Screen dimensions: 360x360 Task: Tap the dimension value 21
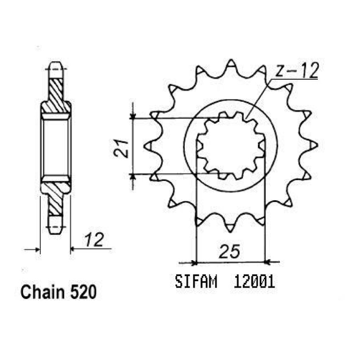tap(121, 148)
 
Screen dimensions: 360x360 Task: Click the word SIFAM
tap(196, 281)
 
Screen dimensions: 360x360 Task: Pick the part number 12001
tap(254, 281)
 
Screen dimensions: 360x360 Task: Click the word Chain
tap(43, 292)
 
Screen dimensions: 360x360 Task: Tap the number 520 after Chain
tap(84, 292)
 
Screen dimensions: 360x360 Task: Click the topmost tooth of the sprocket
tap(231, 63)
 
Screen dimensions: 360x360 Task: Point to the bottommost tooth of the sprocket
tap(230, 228)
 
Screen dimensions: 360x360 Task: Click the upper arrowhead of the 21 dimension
tap(132, 116)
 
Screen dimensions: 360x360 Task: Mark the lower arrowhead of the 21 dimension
tap(132, 177)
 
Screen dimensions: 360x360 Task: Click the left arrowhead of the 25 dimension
tap(194, 263)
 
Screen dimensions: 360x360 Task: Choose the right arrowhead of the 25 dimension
tap(268, 262)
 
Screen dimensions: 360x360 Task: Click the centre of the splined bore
tap(231, 145)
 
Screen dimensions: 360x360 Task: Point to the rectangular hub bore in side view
tap(56, 147)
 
